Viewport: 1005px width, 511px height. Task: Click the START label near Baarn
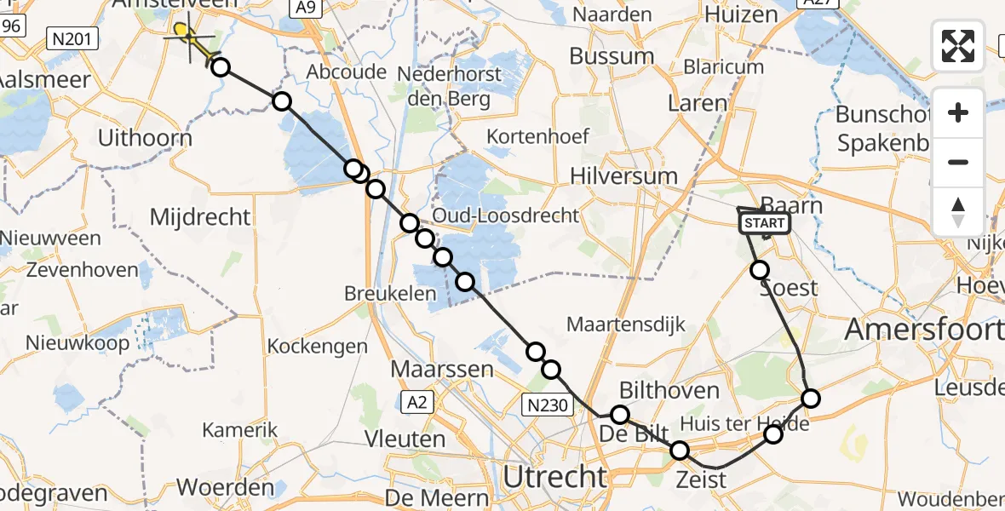pyautogui.click(x=766, y=223)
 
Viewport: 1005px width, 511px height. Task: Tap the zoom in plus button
pyautogui.click(x=958, y=112)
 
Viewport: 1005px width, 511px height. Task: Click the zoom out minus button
pyautogui.click(x=958, y=162)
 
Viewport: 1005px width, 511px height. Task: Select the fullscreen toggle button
pyautogui.click(x=958, y=46)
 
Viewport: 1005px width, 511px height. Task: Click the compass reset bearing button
pyautogui.click(x=958, y=211)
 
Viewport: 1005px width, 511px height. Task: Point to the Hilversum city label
pyautogui.click(x=625, y=176)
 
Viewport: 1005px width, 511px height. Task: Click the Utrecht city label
pyautogui.click(x=554, y=477)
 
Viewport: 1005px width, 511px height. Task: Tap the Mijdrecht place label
pyautogui.click(x=200, y=217)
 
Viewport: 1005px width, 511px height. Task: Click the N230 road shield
pyautogui.click(x=548, y=406)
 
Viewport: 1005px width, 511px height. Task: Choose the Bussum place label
pyautogui.click(x=612, y=57)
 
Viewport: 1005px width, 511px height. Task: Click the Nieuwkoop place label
pyautogui.click(x=78, y=343)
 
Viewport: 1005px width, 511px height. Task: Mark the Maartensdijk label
pyautogui.click(x=625, y=324)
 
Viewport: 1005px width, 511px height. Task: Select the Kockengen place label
pyautogui.click(x=318, y=347)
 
